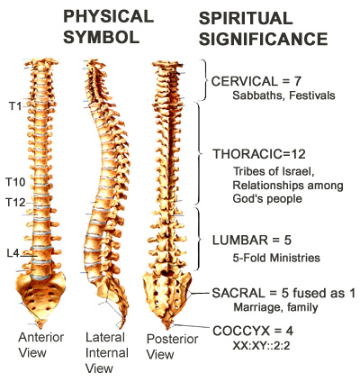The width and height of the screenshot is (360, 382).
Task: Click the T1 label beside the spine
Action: click(x=15, y=105)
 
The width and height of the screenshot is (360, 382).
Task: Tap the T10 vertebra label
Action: click(x=16, y=182)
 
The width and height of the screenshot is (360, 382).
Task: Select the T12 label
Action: click(x=16, y=203)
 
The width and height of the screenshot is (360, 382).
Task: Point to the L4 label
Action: click(x=13, y=253)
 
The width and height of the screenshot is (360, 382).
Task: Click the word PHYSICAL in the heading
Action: click(x=109, y=16)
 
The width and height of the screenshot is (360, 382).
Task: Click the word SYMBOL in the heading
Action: click(x=102, y=37)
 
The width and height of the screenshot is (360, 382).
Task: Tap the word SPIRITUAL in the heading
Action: click(x=246, y=18)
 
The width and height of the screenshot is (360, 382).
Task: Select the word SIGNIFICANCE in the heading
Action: click(x=263, y=39)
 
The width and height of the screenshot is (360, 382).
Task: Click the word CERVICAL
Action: click(x=245, y=81)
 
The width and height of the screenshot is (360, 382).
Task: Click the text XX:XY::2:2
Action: click(x=261, y=346)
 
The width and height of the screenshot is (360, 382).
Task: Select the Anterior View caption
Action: click(x=40, y=345)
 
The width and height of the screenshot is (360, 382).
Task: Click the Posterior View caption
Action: click(x=172, y=347)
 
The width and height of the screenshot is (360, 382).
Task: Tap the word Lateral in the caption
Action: click(x=105, y=337)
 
